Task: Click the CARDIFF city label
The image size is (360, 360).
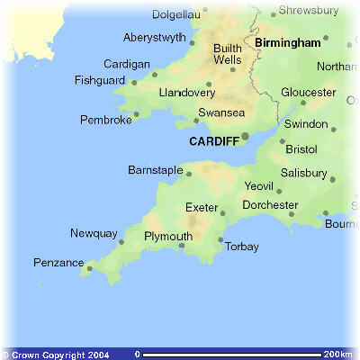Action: [213, 142]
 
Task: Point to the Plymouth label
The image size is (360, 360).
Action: [168, 237]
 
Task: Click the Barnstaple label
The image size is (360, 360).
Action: [156, 169]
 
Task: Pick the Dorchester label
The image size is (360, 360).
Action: [269, 205]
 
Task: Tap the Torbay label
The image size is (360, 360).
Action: [241, 247]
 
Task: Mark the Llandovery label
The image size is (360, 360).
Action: [186, 94]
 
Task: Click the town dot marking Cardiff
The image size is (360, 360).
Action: [245, 137]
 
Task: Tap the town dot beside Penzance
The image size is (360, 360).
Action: [90, 266]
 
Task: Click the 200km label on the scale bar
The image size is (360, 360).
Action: [337, 355]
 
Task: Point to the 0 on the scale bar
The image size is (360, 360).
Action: [137, 355]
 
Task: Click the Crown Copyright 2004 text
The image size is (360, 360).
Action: [56, 355]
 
